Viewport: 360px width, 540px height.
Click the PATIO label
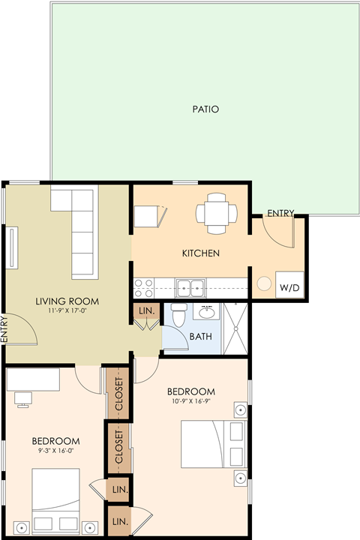click(x=205, y=109)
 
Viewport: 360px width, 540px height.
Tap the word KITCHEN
click(x=201, y=253)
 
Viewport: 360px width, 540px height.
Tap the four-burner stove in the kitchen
click(x=143, y=288)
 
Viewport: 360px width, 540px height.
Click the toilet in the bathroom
click(x=178, y=316)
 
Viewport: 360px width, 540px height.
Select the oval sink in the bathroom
click(x=206, y=312)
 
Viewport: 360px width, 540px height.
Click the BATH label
click(x=200, y=336)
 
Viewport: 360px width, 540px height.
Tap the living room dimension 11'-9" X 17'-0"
click(x=67, y=310)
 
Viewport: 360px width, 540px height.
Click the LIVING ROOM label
click(x=67, y=301)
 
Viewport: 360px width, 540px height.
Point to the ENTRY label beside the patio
click(x=280, y=213)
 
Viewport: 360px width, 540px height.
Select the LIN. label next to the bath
click(x=145, y=310)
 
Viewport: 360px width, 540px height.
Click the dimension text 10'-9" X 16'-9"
click(x=190, y=401)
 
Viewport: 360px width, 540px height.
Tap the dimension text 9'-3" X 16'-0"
click(x=55, y=451)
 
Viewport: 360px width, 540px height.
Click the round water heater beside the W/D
click(x=265, y=284)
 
